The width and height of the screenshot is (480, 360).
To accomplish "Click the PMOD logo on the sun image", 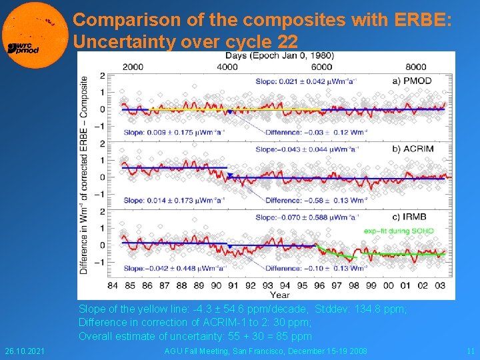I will point(23,48).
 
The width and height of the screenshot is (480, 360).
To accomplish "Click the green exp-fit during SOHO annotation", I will point(399,231).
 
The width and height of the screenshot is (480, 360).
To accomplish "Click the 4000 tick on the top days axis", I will point(228,67).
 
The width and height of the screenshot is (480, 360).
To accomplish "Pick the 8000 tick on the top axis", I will point(416,67).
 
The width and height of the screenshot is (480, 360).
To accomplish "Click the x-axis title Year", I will point(280,294).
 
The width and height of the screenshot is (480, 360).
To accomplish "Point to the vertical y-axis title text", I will point(85,175).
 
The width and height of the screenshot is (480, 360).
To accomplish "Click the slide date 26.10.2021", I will point(23,351).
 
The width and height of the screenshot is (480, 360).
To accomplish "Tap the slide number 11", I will point(469,351).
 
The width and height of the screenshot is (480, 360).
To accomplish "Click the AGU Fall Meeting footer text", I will point(265,351).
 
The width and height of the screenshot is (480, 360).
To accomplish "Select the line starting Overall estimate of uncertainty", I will point(195,336).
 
